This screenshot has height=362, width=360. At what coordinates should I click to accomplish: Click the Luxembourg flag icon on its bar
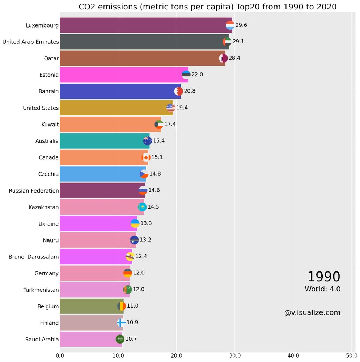(x=230, y=25)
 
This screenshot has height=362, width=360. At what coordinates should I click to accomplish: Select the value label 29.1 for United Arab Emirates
(x=238, y=42)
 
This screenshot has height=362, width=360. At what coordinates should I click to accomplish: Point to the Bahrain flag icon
(x=178, y=91)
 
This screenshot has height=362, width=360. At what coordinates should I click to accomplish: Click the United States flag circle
(x=171, y=108)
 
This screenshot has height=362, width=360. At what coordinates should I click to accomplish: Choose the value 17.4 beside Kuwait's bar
(x=170, y=124)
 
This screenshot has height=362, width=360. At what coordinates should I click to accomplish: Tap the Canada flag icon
(x=146, y=157)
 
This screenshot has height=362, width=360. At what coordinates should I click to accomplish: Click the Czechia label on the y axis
(x=48, y=174)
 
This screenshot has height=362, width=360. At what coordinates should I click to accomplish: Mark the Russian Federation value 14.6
(x=154, y=190)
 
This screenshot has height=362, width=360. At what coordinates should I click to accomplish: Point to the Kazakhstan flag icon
(x=142, y=207)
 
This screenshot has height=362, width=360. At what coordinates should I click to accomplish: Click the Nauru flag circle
(x=134, y=240)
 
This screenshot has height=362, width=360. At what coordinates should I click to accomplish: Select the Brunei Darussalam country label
(x=34, y=257)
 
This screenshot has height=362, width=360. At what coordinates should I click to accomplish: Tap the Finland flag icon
(x=121, y=323)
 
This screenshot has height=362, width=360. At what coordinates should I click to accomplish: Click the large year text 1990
(x=323, y=277)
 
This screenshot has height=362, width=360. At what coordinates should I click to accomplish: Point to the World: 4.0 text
(x=322, y=289)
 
